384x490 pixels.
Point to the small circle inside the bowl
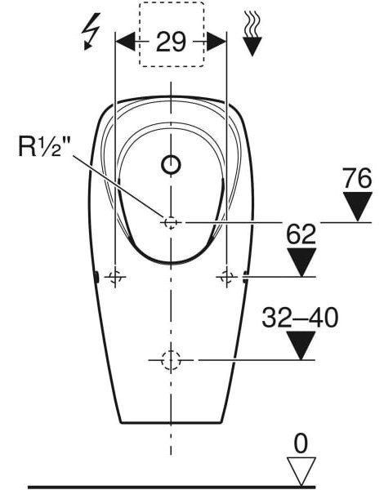[171, 166]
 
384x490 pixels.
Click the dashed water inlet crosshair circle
[171, 222]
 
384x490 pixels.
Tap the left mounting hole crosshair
[116, 278]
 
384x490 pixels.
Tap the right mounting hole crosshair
[226, 278]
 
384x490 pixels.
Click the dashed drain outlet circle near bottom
[171, 359]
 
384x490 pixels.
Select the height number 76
[357, 176]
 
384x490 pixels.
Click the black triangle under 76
[357, 206]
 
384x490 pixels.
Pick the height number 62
[301, 235]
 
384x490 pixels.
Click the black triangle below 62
[301, 262]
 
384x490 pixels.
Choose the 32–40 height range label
[300, 318]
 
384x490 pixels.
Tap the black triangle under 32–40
[301, 345]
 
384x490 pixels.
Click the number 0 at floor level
[301, 443]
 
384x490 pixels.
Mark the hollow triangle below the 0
[301, 471]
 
